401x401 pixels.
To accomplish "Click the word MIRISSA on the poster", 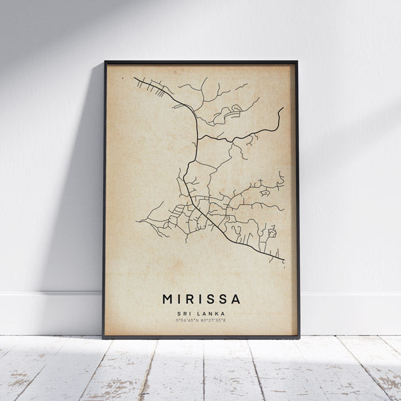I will [x=201, y=299].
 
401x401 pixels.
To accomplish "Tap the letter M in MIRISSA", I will [x=168, y=299].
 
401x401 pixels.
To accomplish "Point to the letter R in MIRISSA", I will [x=191, y=299].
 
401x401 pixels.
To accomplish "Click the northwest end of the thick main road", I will [x=134, y=78].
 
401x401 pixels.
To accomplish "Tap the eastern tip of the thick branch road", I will [x=282, y=108].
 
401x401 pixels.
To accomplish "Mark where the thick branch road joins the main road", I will [x=198, y=136].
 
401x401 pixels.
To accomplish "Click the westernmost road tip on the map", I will [x=136, y=221].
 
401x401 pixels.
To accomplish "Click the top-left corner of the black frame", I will [x=104, y=62].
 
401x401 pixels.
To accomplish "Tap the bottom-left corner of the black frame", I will [x=104, y=338].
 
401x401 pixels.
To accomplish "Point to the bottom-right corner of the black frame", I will [x=299, y=338].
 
